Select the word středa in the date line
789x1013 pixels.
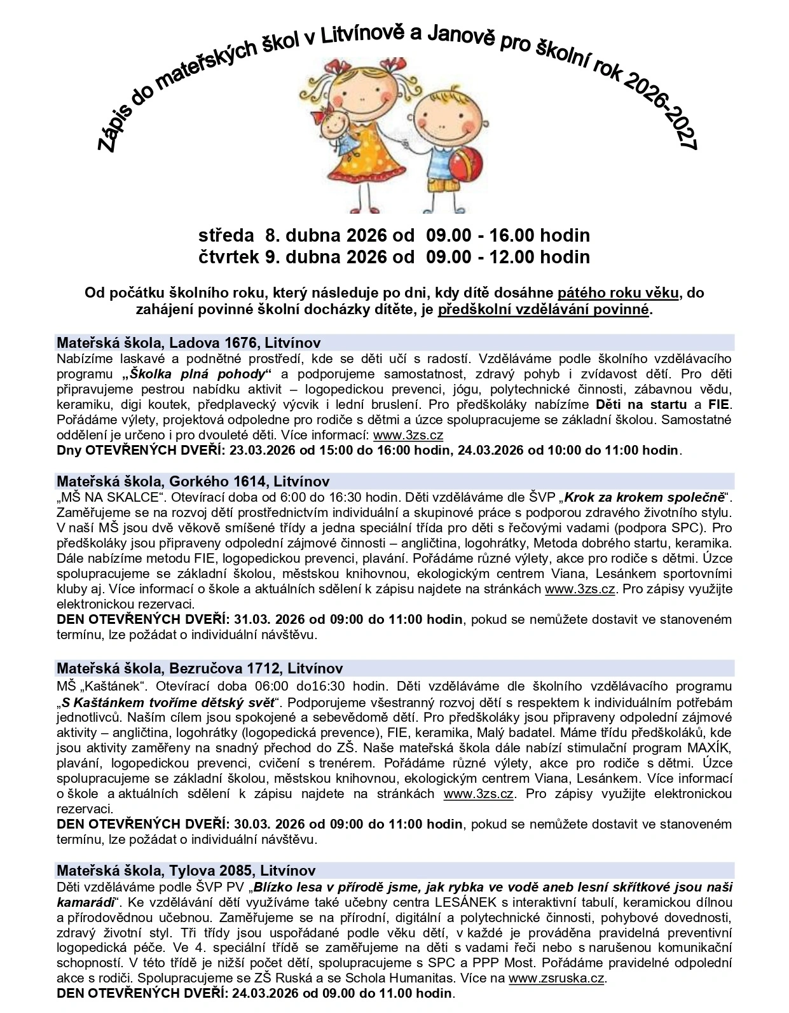[x=226, y=236]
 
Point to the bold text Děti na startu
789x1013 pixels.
[x=641, y=404]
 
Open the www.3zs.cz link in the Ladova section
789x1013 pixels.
[x=408, y=436]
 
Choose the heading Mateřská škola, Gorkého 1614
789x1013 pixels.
[x=193, y=481]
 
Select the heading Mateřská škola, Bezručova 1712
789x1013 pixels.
[x=200, y=668]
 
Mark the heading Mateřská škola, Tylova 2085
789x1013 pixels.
[x=186, y=871]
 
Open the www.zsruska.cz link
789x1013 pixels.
[x=557, y=979]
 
